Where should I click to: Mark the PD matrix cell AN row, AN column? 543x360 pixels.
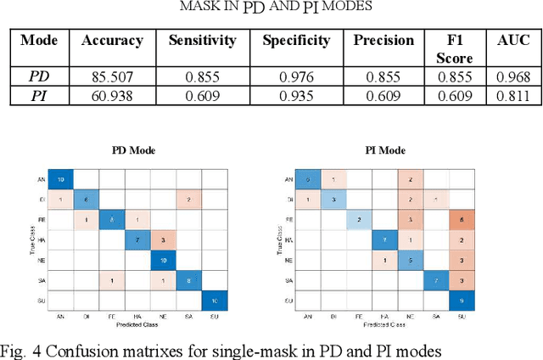(60, 179)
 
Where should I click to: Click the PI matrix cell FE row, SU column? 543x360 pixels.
(459, 221)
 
